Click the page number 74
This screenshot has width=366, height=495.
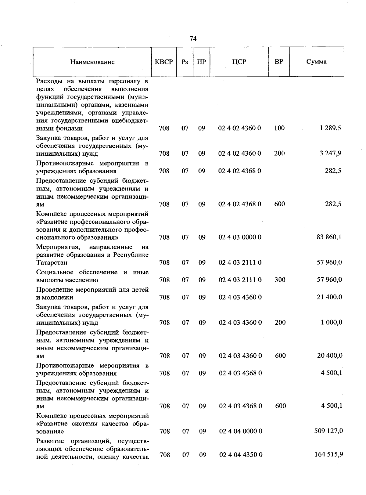pyautogui.click(x=193, y=39)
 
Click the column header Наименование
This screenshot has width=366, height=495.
pyautogui.click(x=92, y=62)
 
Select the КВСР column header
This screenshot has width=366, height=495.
pyautogui.click(x=164, y=62)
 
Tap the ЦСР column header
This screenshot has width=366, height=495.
pyautogui.click(x=239, y=62)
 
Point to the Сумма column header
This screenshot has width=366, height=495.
pyautogui.click(x=316, y=62)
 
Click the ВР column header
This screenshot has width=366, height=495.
pyautogui.click(x=279, y=62)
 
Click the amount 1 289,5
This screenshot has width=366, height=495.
pyautogui.click(x=330, y=128)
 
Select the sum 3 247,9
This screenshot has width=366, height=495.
pyautogui.click(x=330, y=153)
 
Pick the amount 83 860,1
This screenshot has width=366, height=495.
pyautogui.click(x=329, y=237)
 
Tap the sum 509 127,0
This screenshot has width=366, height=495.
pyautogui.click(x=328, y=431)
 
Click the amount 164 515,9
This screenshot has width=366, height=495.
pyautogui.click(x=329, y=454)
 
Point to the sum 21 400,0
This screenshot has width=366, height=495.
pyautogui.click(x=329, y=297)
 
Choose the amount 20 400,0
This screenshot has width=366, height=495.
pyautogui.click(x=329, y=356)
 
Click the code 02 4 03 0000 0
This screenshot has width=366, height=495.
pyautogui.click(x=240, y=237)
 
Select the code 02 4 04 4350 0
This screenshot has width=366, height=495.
pyautogui.click(x=241, y=455)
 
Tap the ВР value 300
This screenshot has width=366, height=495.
pyautogui.click(x=280, y=280)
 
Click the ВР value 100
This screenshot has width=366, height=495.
pyautogui.click(x=279, y=128)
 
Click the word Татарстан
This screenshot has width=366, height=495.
pyautogui.click(x=52, y=263)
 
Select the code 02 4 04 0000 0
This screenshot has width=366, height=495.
pyautogui.click(x=241, y=431)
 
